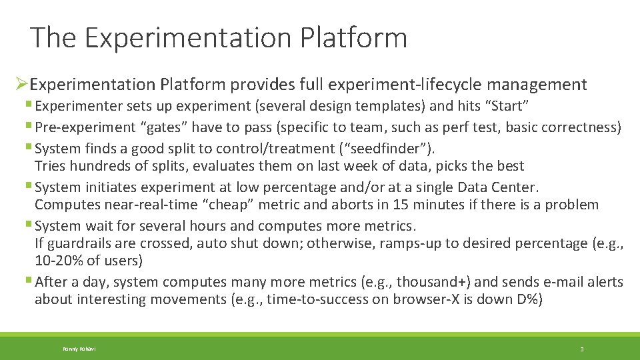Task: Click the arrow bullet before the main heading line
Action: coord(21,85)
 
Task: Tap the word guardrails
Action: coord(79,243)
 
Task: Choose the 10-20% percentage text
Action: coord(61,259)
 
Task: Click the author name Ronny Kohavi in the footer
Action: coord(79,349)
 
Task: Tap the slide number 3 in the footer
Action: coord(582,349)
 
